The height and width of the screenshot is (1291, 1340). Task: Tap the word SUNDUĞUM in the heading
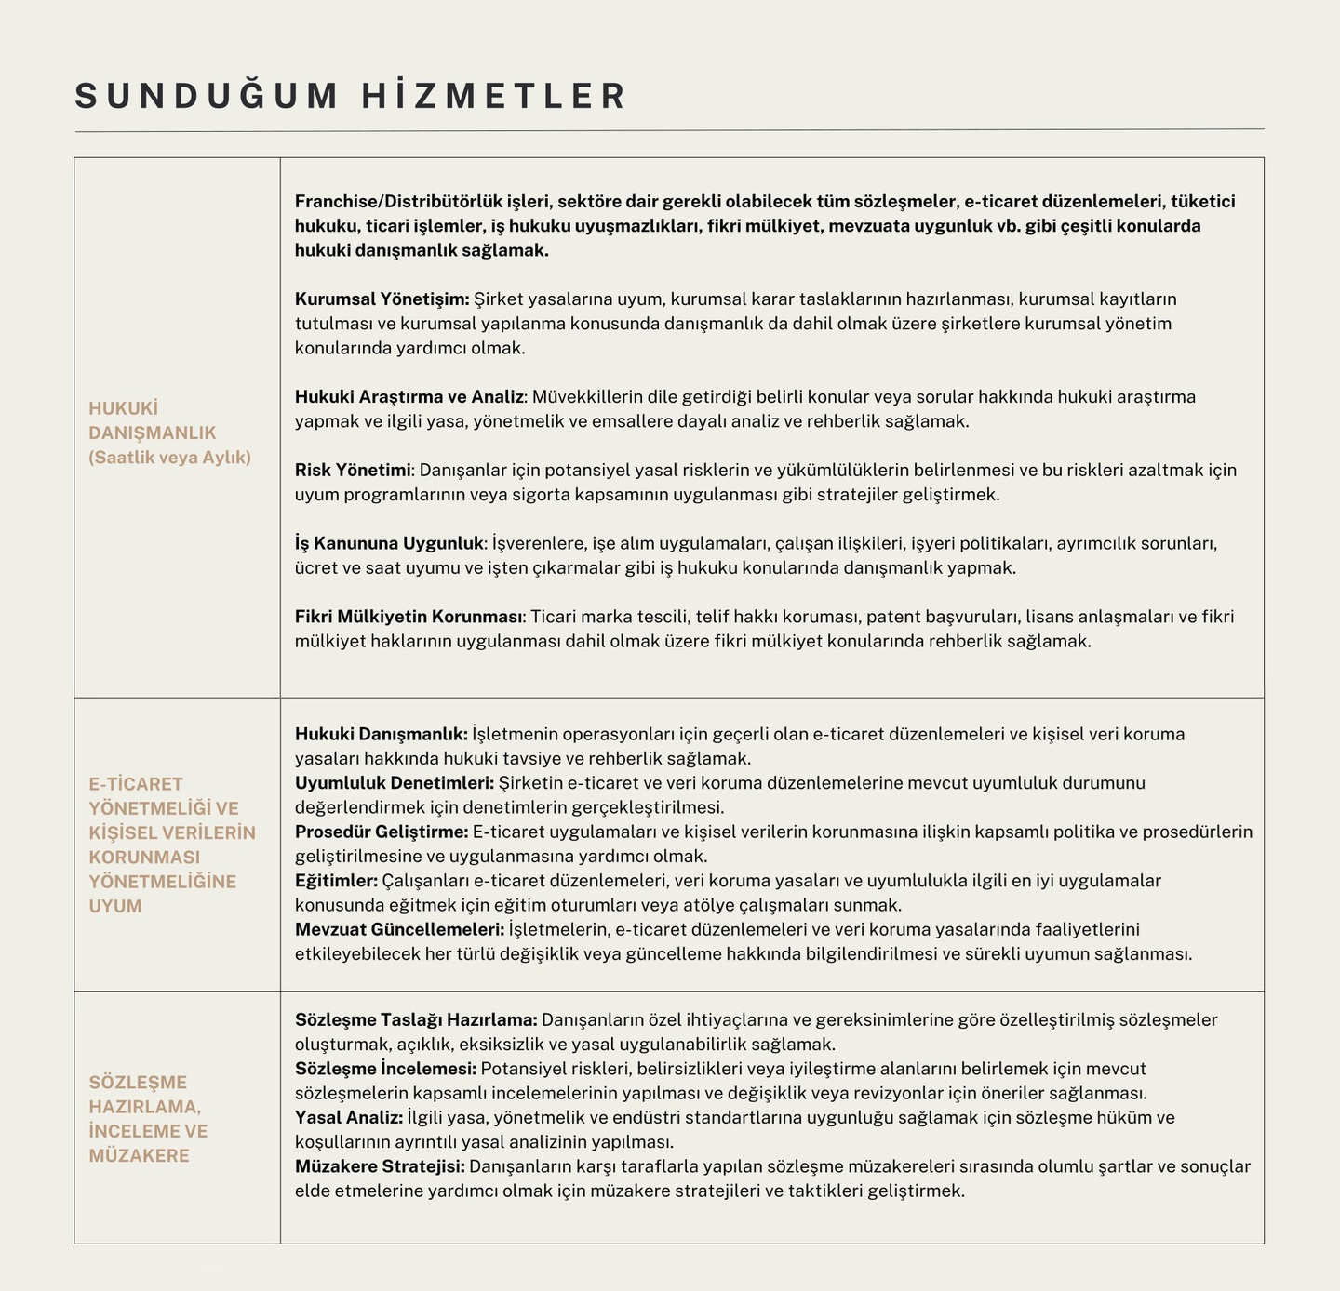coord(207,97)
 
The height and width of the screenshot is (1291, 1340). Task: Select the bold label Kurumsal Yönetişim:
coord(382,299)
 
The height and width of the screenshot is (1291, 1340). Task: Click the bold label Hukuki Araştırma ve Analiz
coord(409,397)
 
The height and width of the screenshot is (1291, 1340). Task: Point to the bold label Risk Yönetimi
coord(353,470)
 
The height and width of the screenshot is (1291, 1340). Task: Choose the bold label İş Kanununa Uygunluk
coord(390,543)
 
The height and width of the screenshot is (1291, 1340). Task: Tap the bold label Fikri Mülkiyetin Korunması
coord(410,617)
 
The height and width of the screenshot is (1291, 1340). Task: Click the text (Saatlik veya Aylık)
coord(170,458)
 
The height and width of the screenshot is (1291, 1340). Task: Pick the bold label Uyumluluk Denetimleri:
coord(395,783)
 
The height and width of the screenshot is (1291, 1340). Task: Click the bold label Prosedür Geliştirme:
coord(382,832)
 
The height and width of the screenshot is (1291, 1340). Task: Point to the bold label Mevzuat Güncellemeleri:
coord(399,929)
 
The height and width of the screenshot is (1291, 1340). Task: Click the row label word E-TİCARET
coord(136,784)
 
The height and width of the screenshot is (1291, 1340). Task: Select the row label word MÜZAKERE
coord(139,1156)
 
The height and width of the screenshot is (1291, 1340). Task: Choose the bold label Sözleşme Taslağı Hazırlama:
coord(416,1020)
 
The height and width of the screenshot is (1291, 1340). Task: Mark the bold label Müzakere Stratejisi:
coord(380,1166)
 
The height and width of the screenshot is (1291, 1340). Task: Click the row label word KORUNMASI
coord(143,858)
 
